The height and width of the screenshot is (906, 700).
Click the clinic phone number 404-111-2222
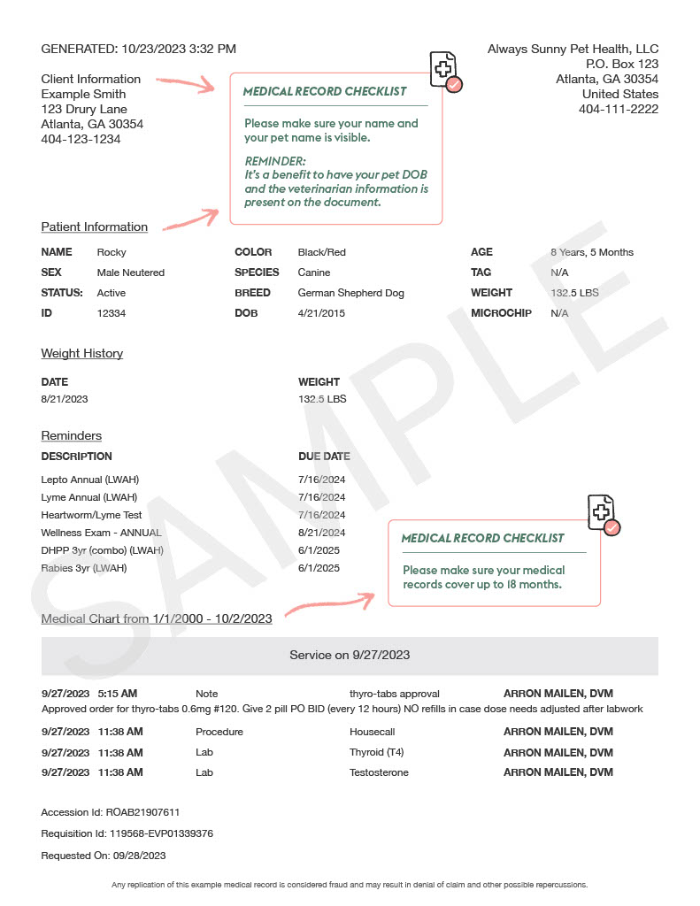point(619,109)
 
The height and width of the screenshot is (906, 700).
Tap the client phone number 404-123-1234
point(81,139)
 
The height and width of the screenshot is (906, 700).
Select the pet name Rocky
point(112,252)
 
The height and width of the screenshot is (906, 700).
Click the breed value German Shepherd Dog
point(350,293)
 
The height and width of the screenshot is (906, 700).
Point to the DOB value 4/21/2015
point(321,313)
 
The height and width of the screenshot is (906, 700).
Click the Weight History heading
point(81,354)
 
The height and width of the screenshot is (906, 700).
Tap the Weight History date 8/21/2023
point(65,399)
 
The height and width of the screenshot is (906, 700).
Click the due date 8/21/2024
point(321,533)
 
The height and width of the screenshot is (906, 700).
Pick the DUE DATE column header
point(324,457)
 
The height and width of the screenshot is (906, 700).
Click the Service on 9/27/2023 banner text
point(350,655)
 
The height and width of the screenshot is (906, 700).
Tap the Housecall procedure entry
point(372,732)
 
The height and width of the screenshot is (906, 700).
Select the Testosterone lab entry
point(379,772)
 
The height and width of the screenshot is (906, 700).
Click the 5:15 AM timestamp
point(118,694)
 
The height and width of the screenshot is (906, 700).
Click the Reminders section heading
point(71,436)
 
